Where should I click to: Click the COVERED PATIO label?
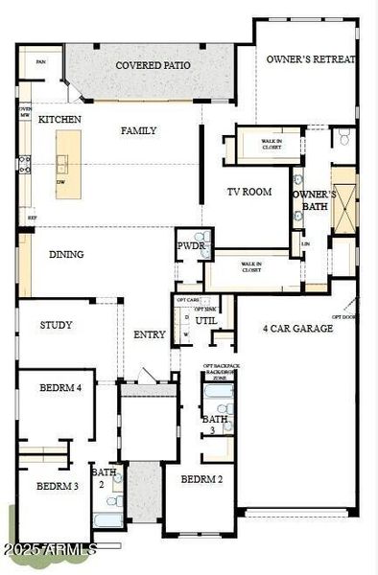[153, 65]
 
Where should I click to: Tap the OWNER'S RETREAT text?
[311, 59]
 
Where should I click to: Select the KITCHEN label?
[59, 119]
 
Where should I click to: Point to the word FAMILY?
[138, 130]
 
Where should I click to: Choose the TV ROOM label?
[248, 192]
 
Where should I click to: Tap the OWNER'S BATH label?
[314, 198]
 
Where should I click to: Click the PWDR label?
[188, 245]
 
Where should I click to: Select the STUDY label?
[56, 325]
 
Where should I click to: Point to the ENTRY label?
[150, 334]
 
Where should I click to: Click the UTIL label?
[206, 320]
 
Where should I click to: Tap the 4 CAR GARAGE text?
[297, 328]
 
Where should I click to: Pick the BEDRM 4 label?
[59, 388]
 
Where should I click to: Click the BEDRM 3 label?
[57, 486]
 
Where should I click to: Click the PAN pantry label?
[40, 61]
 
